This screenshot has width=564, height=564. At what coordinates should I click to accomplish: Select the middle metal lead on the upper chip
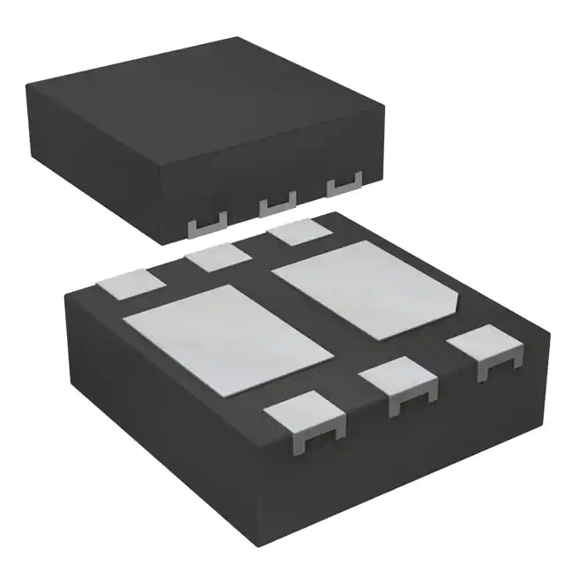point(276,205)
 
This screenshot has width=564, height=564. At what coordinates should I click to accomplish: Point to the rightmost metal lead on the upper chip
point(345,186)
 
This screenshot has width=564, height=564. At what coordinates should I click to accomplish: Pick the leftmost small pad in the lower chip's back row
point(130,285)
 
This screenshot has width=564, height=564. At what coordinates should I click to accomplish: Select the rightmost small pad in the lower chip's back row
point(298,234)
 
